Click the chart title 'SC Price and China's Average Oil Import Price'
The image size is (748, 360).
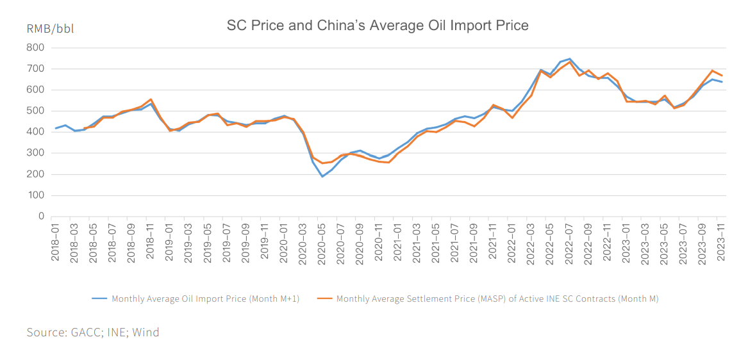378,26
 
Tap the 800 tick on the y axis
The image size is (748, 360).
36,47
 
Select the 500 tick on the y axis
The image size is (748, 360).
36,111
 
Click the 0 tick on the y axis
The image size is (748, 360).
40,217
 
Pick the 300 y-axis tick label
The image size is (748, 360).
36,153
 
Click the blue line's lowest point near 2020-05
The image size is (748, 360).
322,176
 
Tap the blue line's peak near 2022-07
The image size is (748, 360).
570,59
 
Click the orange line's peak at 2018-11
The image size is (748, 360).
151,99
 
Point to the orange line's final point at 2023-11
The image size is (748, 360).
722,76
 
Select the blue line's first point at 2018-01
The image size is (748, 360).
55,128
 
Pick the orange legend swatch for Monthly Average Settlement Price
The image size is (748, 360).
324,299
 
